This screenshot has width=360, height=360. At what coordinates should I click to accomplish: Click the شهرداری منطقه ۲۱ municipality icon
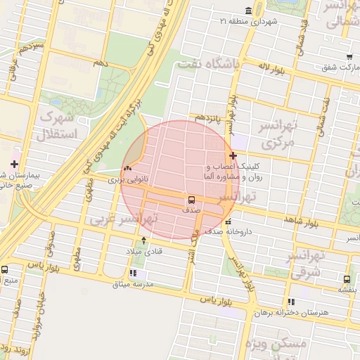[x=248, y=11]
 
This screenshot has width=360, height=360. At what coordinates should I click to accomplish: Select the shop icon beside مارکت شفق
[x=349, y=57]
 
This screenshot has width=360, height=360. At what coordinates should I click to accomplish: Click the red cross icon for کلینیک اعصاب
[x=233, y=155]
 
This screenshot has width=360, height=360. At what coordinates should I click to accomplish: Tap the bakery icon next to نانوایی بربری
[x=127, y=169]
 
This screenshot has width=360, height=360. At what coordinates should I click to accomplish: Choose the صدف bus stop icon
[x=192, y=200]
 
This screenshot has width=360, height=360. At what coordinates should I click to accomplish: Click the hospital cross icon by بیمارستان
[x=15, y=163]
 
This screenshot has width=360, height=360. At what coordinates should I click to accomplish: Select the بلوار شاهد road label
[x=302, y=221]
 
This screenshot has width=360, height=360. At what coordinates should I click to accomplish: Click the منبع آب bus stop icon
[x=6, y=269]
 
